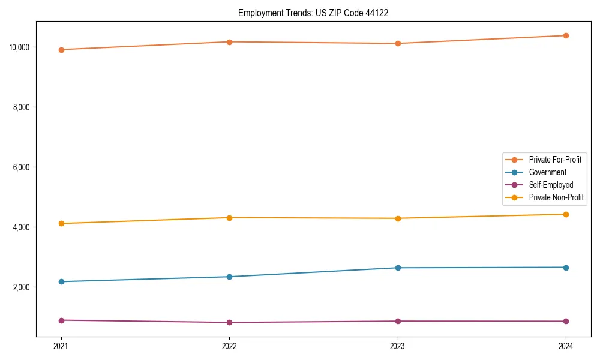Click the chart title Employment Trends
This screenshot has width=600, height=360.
click(313, 13)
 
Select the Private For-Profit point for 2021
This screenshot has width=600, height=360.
click(61, 50)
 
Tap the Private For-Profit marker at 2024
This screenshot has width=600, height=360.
click(566, 35)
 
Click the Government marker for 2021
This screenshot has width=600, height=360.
click(61, 281)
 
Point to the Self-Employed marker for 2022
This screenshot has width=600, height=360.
click(229, 322)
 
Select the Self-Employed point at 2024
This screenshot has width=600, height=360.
click(566, 321)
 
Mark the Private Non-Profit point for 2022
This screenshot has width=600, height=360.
click(229, 217)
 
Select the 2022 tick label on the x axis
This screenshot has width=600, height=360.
click(229, 346)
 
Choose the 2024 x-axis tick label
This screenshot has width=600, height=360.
click(566, 346)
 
